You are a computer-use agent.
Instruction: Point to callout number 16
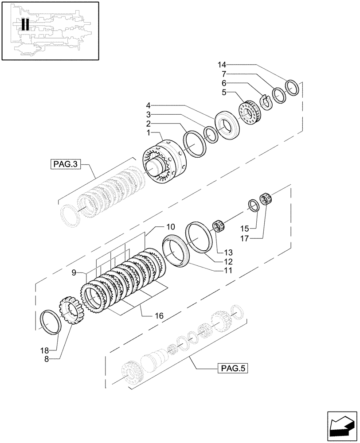[159, 316]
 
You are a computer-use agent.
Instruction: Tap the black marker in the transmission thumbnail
[25, 24]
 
